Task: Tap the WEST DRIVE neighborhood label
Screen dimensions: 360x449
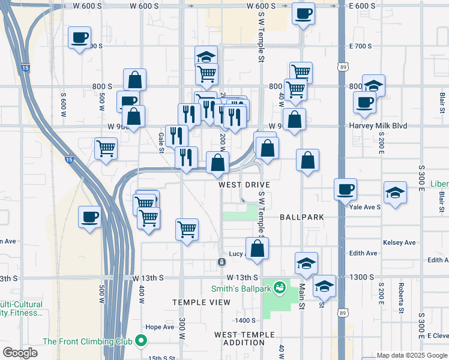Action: (244, 185)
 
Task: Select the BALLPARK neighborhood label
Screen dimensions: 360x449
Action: (302, 217)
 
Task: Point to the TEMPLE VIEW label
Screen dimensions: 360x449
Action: (201, 302)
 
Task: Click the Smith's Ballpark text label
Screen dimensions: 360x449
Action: (241, 289)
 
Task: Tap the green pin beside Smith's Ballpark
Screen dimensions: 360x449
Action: (279, 289)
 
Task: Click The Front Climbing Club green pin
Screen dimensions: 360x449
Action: (142, 341)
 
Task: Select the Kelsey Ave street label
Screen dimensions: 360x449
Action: (399, 242)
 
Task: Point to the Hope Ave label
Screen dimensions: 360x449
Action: (159, 327)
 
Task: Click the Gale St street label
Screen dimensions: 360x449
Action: (161, 143)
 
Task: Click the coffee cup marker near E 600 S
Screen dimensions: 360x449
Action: (304, 13)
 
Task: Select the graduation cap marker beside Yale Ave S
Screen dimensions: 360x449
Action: (395, 193)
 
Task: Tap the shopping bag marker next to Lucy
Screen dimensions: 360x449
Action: (257, 248)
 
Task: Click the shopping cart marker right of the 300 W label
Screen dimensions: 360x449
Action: (187, 229)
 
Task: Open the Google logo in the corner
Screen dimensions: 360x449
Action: (20, 353)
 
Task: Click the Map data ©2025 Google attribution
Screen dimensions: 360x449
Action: (411, 356)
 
